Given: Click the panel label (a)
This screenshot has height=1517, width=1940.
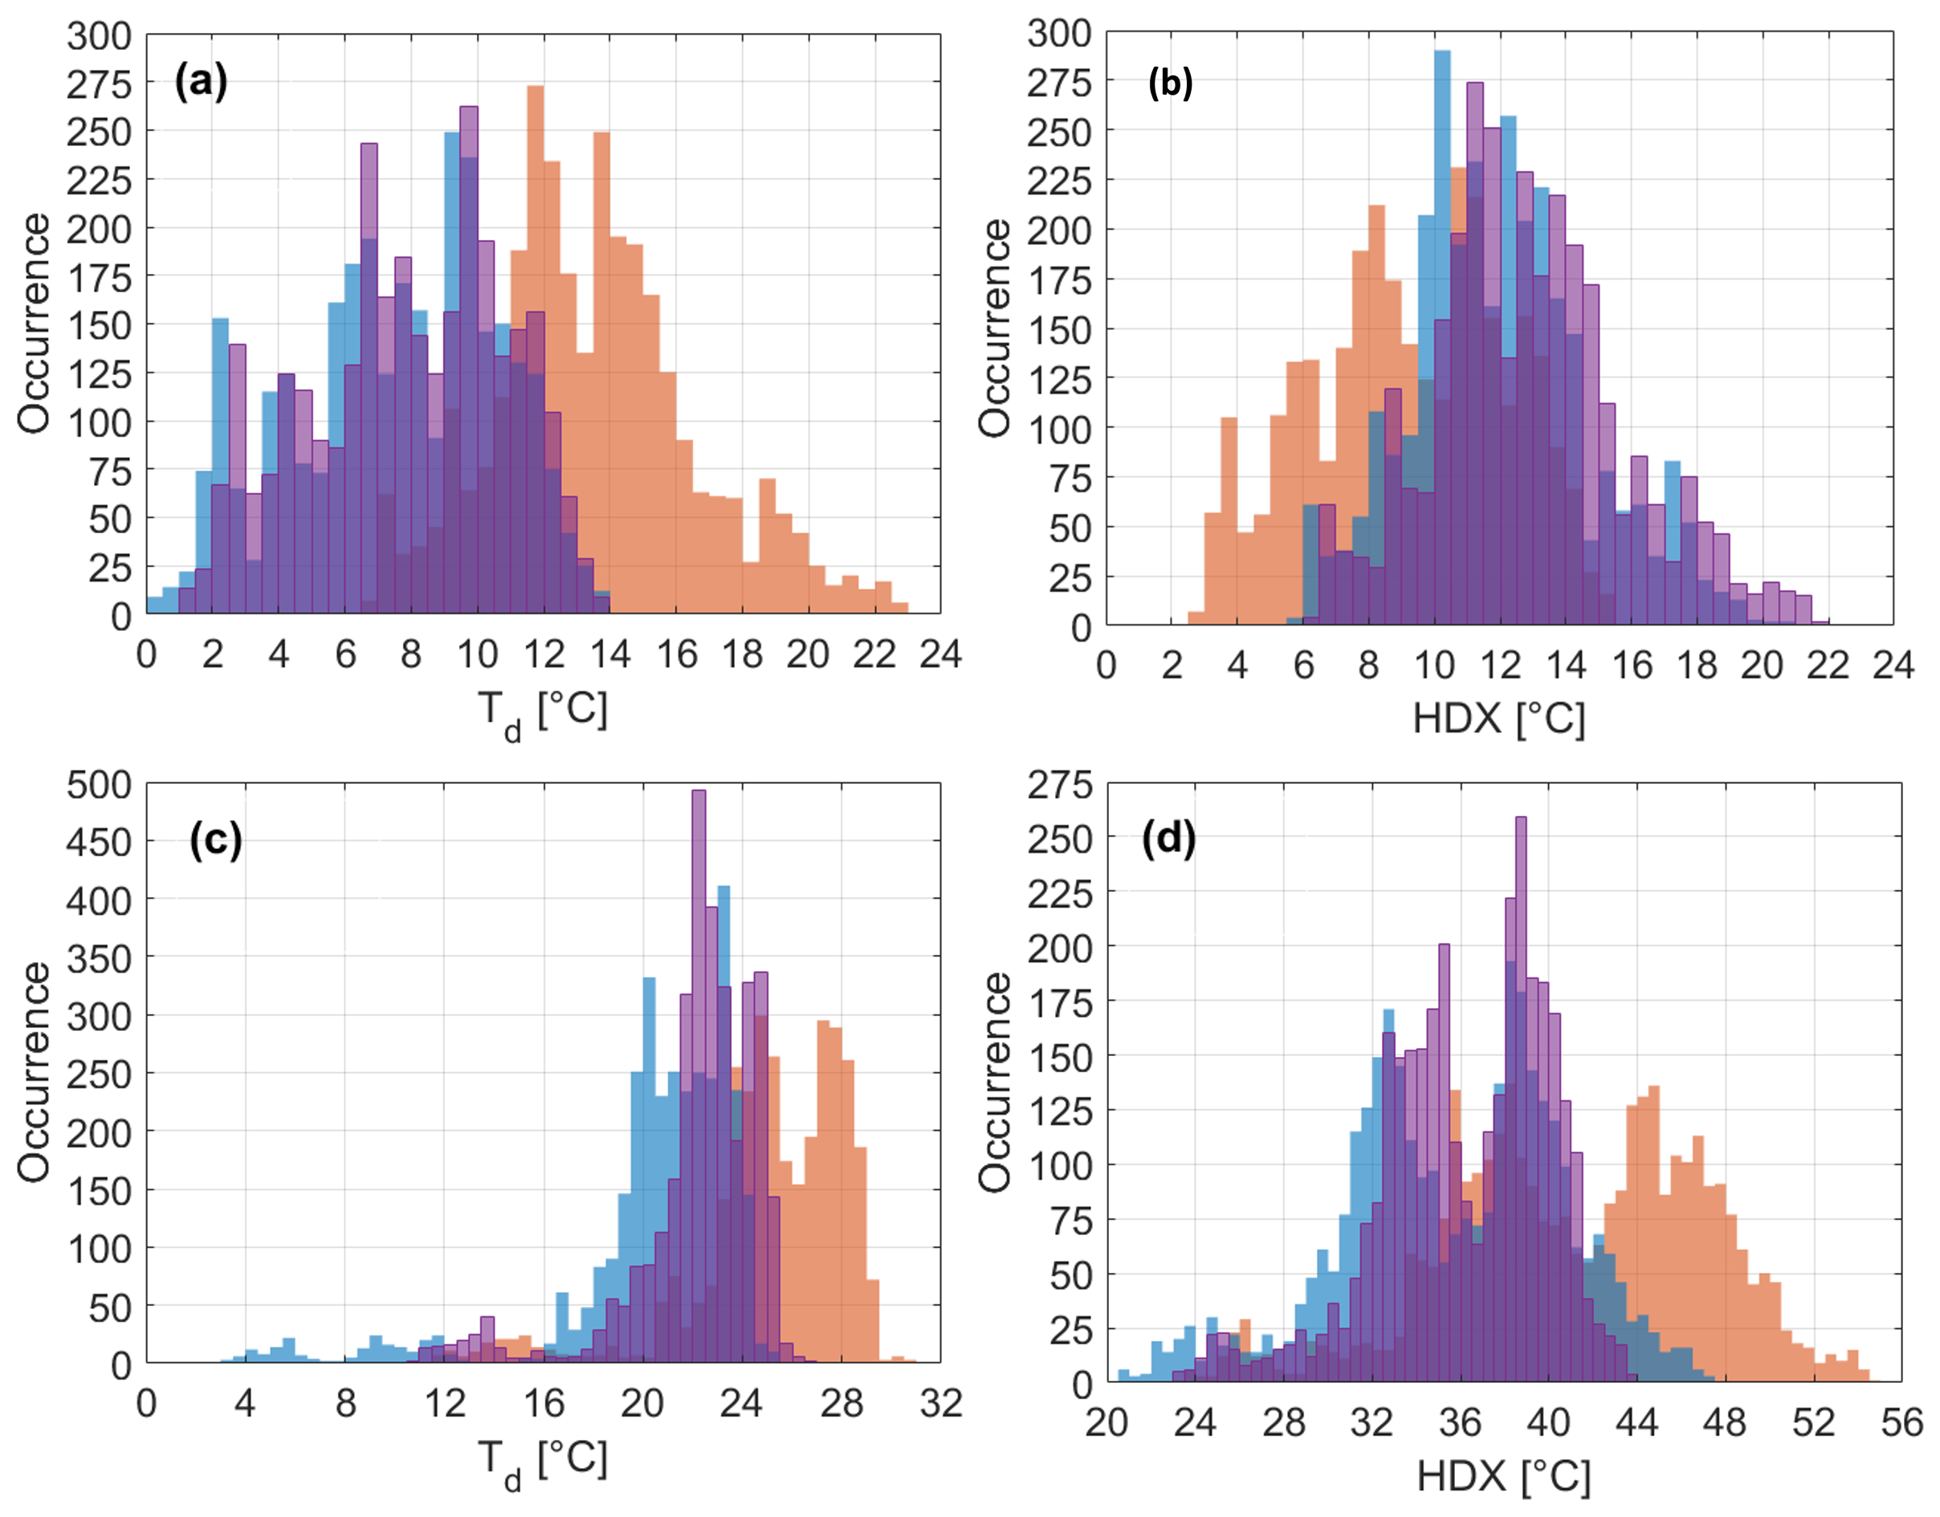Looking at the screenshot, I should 201,82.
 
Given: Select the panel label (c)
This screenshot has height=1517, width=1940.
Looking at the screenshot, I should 215,840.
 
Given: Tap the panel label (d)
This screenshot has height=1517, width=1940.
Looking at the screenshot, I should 1168,838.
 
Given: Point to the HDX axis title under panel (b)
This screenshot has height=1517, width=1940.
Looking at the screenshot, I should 1498,718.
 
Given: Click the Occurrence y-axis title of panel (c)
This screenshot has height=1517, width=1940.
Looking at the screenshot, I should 34,1073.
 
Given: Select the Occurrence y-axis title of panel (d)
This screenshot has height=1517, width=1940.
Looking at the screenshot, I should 995,1082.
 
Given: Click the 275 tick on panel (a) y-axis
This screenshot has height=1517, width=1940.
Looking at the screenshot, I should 99,84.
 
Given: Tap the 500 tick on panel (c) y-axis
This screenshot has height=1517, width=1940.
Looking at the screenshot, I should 99,785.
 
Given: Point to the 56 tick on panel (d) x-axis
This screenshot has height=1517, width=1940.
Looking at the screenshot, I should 1901,1424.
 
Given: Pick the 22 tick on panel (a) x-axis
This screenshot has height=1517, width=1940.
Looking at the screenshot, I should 874,655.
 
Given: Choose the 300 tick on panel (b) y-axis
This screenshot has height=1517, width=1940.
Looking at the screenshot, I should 1059,34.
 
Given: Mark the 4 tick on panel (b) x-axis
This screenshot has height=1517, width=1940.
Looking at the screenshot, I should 1237,665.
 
